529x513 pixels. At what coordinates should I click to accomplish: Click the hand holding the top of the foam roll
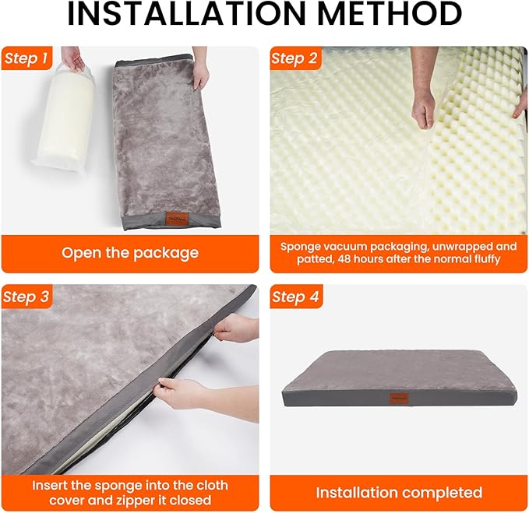pos(72,59)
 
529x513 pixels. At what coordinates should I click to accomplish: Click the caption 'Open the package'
pos(130,253)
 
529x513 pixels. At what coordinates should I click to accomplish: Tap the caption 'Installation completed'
pos(399,492)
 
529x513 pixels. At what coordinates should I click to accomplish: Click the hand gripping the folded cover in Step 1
pos(200,73)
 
